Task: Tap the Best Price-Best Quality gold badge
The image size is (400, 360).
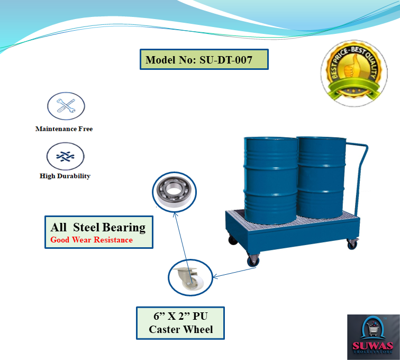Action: [x=354, y=73]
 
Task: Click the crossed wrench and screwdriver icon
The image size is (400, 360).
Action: [x=66, y=106]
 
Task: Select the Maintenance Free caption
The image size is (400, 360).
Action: [x=64, y=129]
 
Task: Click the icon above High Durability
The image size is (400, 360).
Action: [x=65, y=156]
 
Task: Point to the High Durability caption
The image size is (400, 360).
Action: [x=65, y=176]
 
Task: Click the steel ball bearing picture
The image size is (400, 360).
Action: [x=174, y=192]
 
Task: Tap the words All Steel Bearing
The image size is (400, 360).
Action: [x=98, y=227]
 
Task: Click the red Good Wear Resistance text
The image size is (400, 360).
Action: [x=92, y=240]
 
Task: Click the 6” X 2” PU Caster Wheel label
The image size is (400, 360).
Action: [x=180, y=323]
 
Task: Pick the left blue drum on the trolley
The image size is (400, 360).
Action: [x=270, y=180]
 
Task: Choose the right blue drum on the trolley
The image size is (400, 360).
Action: [x=321, y=177]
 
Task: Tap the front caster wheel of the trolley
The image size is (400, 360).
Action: [x=253, y=260]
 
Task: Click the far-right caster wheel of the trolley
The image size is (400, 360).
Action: [x=352, y=244]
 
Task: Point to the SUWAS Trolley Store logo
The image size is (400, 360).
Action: [x=373, y=337]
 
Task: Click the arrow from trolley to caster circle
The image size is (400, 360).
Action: [x=234, y=273]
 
